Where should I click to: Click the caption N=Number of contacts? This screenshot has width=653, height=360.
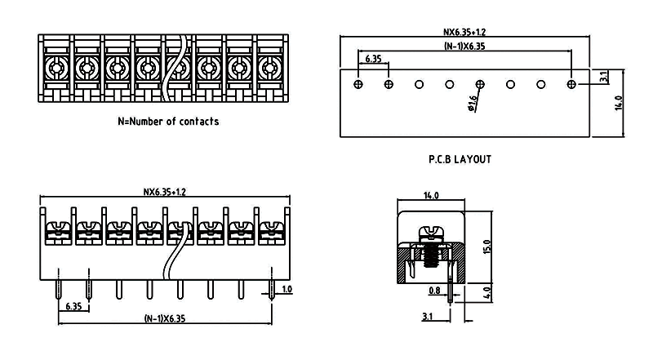[x=168, y=122]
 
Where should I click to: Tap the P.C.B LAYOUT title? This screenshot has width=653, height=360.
[x=460, y=160]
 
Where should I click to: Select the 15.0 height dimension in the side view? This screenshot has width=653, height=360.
[x=486, y=245]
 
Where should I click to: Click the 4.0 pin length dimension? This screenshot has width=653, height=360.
[x=486, y=291]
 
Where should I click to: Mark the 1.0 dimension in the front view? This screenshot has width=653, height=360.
[x=287, y=290]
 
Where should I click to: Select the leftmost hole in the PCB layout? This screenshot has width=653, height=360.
[x=358, y=84]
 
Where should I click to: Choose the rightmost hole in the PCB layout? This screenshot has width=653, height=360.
[x=571, y=84]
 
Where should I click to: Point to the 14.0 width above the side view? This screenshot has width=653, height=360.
[x=431, y=196]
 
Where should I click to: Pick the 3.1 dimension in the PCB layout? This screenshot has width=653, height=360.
[x=602, y=77]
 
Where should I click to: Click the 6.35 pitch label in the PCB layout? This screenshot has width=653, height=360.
[x=373, y=60]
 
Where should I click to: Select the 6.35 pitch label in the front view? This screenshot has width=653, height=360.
[x=73, y=307]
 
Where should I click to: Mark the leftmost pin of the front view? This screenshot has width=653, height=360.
[x=58, y=286]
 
